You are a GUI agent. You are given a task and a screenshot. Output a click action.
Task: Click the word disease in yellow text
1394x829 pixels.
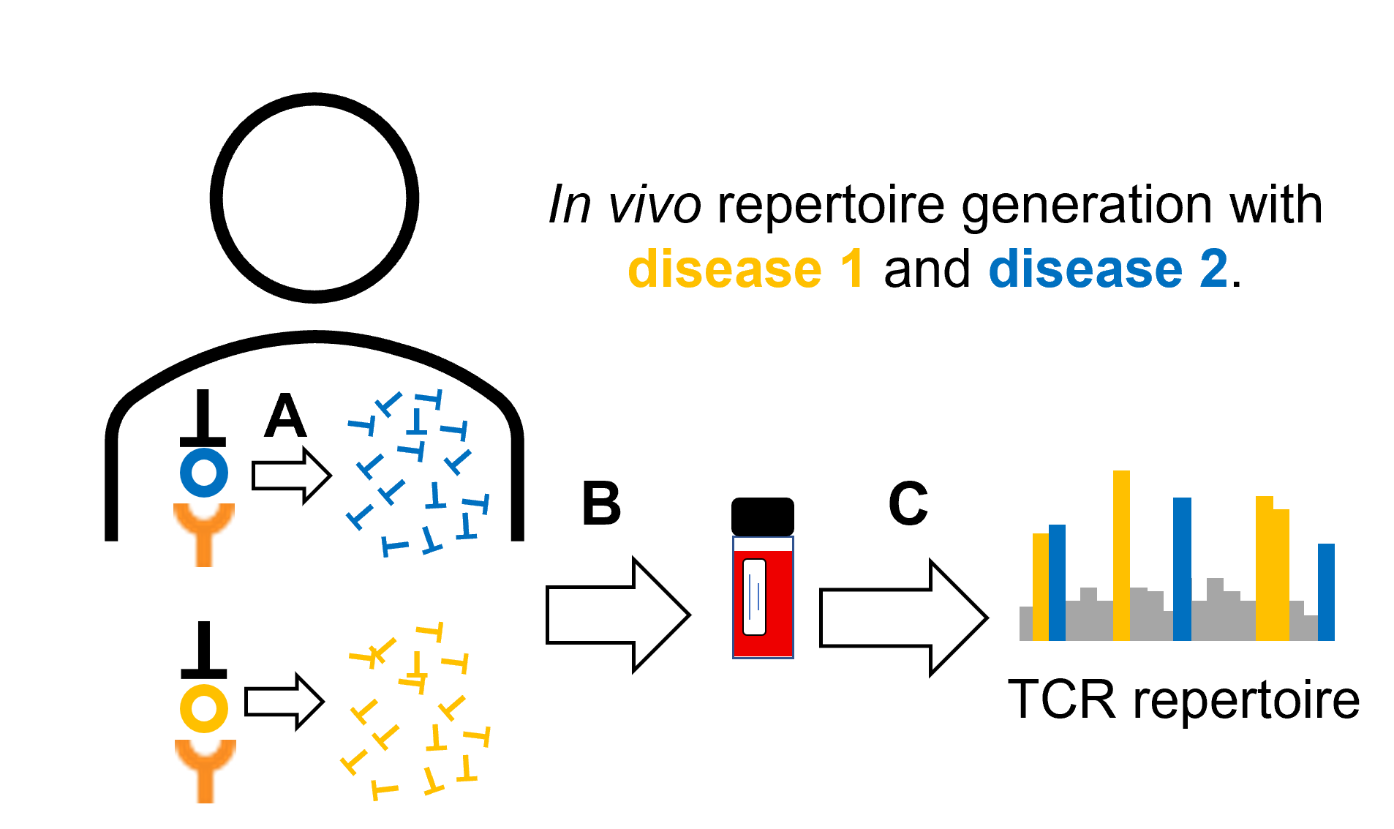point(724,269)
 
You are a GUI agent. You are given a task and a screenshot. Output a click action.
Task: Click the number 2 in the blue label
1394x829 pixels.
point(1213,269)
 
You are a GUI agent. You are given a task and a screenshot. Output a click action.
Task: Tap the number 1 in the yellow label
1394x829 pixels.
point(852,269)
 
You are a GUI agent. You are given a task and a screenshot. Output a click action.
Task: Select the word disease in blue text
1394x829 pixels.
point(1085,269)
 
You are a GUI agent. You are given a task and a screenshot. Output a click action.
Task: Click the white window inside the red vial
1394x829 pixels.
point(754,597)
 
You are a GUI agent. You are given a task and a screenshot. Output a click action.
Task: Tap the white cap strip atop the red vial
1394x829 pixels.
point(763,544)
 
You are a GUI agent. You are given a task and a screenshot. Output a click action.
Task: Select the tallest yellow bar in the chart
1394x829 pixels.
point(1121,556)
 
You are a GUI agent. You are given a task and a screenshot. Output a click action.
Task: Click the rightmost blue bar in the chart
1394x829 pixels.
point(1326,593)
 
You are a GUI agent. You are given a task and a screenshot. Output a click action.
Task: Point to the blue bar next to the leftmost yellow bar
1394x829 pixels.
point(1057,582)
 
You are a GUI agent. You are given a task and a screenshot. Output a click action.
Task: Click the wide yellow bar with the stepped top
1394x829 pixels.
point(1273,571)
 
